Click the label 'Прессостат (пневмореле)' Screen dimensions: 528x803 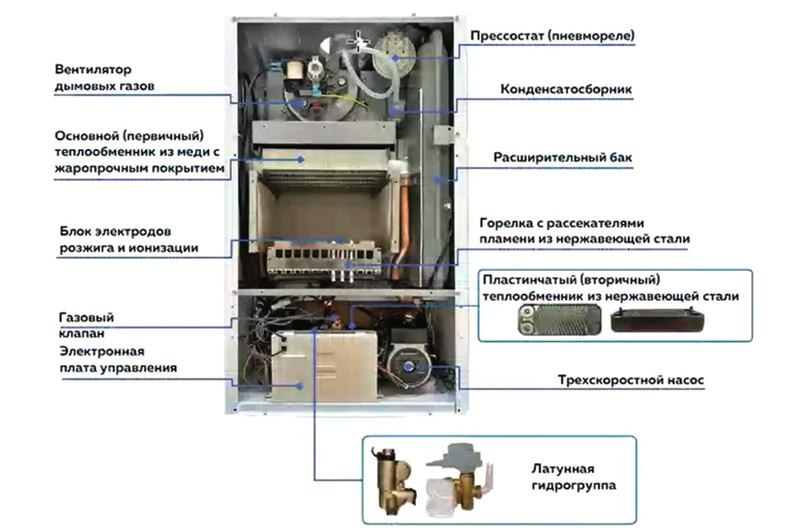[552, 35]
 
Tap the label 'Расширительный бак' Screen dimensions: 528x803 [562, 158]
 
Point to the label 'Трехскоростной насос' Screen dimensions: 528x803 [631, 381]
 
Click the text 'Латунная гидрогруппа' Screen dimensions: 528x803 [562, 477]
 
